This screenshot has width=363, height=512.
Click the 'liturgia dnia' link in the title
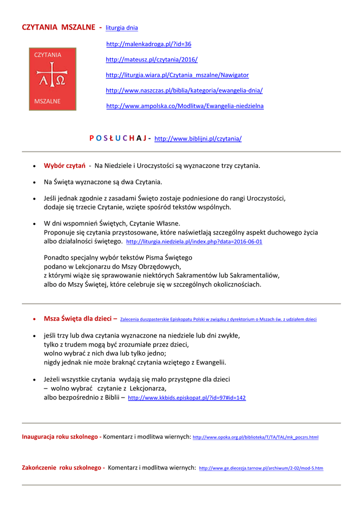[x=122, y=28]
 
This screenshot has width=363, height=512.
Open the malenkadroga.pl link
[x=149, y=44]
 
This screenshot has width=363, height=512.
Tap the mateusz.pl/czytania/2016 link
[x=152, y=59]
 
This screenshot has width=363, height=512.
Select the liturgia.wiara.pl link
[x=177, y=75]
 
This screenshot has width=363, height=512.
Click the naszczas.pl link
[x=184, y=90]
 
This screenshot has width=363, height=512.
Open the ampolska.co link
[x=185, y=106]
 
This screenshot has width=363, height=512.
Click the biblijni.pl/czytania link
[x=198, y=138]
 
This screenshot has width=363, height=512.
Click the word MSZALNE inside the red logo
[x=48, y=101]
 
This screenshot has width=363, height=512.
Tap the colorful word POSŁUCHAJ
[x=118, y=138]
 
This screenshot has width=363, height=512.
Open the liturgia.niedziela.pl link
[x=194, y=241]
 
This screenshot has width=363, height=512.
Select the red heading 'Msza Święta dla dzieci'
[x=79, y=318]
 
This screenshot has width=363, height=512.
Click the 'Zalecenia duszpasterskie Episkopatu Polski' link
[x=218, y=319]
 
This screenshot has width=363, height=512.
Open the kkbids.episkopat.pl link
[x=187, y=398]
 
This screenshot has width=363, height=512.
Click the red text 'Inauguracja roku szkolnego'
[x=61, y=437]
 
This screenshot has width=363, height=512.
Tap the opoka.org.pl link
[x=255, y=437]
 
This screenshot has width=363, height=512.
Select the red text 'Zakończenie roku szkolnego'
[x=62, y=468]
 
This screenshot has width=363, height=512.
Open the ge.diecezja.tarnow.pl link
[x=261, y=468]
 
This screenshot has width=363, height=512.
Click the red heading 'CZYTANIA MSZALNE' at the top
[x=59, y=27]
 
